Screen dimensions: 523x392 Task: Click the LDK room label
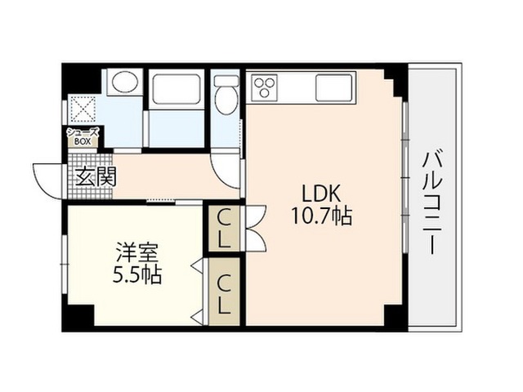pyautogui.click(x=321, y=193)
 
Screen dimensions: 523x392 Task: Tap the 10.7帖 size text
pyautogui.click(x=321, y=216)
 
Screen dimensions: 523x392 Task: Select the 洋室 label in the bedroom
pyautogui.click(x=136, y=252)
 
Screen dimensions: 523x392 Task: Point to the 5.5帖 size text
pyautogui.click(x=136, y=275)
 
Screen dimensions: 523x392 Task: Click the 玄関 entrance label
pyautogui.click(x=96, y=176)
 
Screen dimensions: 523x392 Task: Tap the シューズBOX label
pyautogui.click(x=83, y=136)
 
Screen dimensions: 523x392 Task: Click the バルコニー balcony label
pyautogui.click(x=432, y=203)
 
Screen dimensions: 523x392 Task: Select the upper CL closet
pyautogui.click(x=224, y=229)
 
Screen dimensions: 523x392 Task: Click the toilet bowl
pyautogui.click(x=226, y=100)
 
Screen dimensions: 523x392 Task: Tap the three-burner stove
pyautogui.click(x=266, y=87)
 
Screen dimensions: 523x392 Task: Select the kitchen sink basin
pyautogui.click(x=334, y=87)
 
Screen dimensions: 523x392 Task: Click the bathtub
pyautogui.click(x=177, y=88)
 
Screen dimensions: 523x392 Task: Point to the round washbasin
pyautogui.click(x=125, y=82)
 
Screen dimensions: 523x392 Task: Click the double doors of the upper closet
pyautogui.click(x=256, y=228)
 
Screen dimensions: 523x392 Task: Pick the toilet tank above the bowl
pyautogui.click(x=226, y=80)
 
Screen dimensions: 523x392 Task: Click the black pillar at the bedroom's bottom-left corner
pyautogui.click(x=78, y=316)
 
